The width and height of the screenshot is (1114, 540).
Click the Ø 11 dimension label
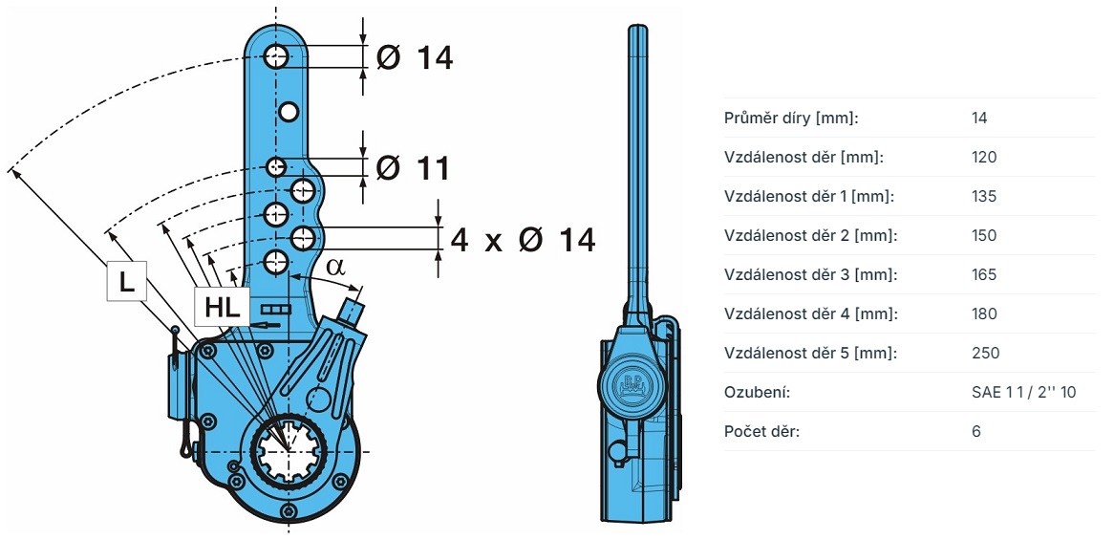(x=413, y=168)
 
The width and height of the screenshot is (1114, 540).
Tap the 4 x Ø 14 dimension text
(x=522, y=239)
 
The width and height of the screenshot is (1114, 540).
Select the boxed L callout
(x=126, y=282)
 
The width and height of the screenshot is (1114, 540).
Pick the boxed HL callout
(x=223, y=308)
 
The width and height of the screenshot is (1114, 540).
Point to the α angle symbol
(x=334, y=265)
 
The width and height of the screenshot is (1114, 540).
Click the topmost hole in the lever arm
(x=277, y=55)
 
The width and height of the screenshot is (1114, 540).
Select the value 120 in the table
(x=983, y=158)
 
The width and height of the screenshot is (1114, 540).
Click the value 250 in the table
(x=985, y=354)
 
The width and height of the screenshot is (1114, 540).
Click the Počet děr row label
(x=762, y=432)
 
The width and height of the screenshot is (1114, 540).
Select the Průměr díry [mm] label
(x=792, y=119)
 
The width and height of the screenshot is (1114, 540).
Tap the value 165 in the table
(x=983, y=275)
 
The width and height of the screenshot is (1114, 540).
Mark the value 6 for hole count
(x=976, y=432)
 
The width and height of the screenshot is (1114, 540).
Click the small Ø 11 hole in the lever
(x=276, y=168)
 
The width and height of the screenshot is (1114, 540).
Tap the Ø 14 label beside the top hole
(x=415, y=57)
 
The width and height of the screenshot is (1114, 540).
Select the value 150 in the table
(x=983, y=236)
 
